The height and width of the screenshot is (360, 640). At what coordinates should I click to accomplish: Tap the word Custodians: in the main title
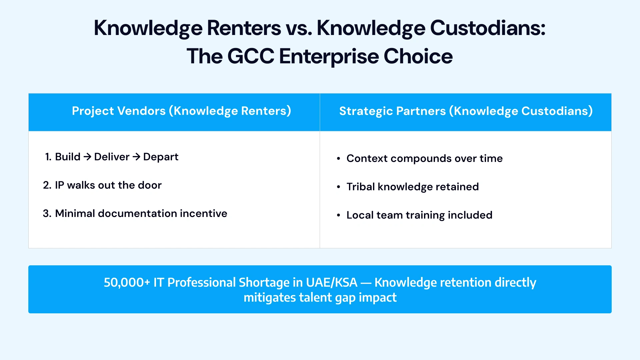point(488,28)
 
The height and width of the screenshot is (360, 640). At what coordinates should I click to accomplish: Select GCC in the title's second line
point(251,56)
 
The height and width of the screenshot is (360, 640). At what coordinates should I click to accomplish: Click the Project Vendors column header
point(181,111)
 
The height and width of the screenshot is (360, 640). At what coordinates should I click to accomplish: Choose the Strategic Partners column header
point(466,111)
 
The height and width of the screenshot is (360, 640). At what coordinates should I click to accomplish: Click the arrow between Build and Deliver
point(87,157)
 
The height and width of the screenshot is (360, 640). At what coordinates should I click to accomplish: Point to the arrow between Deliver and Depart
point(136,157)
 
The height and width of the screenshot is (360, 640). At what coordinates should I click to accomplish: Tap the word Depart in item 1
point(161,157)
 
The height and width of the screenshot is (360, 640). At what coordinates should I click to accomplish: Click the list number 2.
point(47,185)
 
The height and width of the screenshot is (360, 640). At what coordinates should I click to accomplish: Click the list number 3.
point(47,214)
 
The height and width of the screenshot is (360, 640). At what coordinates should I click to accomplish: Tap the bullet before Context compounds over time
point(338,159)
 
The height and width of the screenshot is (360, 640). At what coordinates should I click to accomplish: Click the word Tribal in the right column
point(361,187)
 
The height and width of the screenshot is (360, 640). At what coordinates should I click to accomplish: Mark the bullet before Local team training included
point(338,215)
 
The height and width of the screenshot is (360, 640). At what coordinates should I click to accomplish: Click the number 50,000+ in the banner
point(127,283)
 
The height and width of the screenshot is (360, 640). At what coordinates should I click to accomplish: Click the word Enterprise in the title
point(329,56)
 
